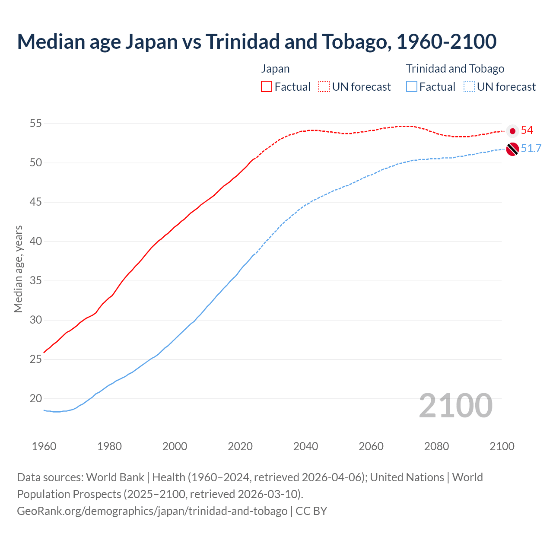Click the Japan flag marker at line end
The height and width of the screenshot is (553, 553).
point(512,130)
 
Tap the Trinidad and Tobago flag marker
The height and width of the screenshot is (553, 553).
point(512,149)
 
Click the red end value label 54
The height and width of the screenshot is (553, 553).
point(527,130)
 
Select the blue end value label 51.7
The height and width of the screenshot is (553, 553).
point(531,149)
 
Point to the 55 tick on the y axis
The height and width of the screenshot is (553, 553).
point(35,124)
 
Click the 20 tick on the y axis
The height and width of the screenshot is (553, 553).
point(35,399)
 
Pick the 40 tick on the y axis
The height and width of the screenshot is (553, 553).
point(35,242)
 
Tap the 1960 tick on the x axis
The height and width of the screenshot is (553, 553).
point(44,446)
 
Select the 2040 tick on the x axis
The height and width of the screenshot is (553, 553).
point(305,446)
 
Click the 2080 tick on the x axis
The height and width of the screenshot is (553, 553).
point(436,446)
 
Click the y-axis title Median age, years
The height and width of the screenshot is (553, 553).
point(18,269)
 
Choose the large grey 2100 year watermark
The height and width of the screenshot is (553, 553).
point(455,406)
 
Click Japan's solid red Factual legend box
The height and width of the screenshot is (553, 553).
point(267,87)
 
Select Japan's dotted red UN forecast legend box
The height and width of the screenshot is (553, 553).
point(324,87)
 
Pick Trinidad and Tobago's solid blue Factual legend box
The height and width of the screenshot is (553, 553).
point(412,87)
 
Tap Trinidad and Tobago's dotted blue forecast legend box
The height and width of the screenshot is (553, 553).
point(469,87)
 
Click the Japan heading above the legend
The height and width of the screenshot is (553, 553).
point(275,69)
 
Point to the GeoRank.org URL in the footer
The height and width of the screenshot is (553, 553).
point(152,511)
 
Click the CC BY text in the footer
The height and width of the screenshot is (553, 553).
point(311,511)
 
